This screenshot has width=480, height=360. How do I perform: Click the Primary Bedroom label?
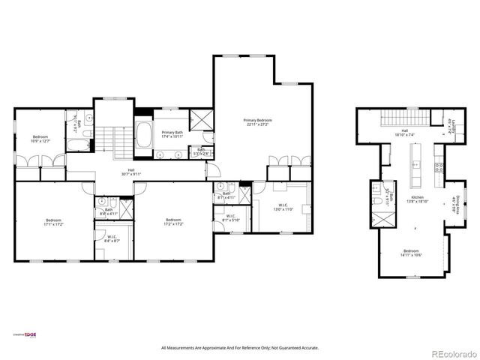coord(257,122)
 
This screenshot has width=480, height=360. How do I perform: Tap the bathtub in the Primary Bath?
coord(145,136)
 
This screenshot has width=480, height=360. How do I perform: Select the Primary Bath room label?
coord(172,134)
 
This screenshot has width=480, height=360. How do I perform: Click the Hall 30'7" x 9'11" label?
coord(131,172)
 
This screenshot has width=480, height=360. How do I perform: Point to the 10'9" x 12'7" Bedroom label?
coord(40,139)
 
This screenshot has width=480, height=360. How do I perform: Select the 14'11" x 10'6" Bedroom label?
coord(411,253)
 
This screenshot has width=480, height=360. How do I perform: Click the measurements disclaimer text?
coord(240,348)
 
